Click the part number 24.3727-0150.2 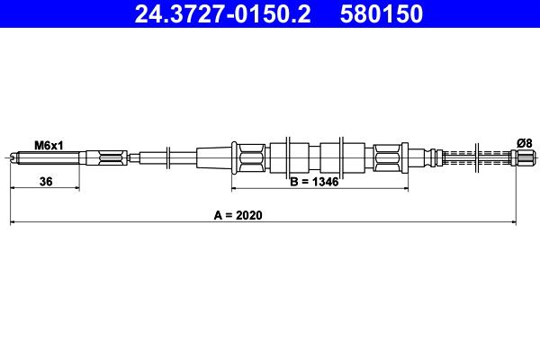click(222, 13)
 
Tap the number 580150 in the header click(382, 13)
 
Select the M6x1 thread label click(49, 146)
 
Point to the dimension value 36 click(46, 181)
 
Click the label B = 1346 click(314, 182)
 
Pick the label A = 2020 click(238, 215)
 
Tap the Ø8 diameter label click(525, 143)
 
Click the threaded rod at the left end click(48, 158)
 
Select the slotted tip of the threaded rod click(13, 158)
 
